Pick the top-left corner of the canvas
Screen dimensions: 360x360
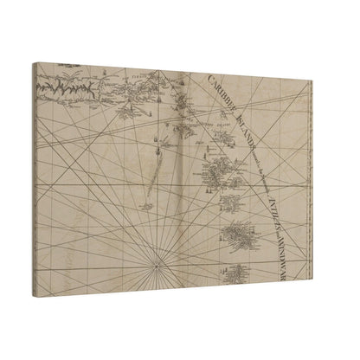(x=34, y=63)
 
